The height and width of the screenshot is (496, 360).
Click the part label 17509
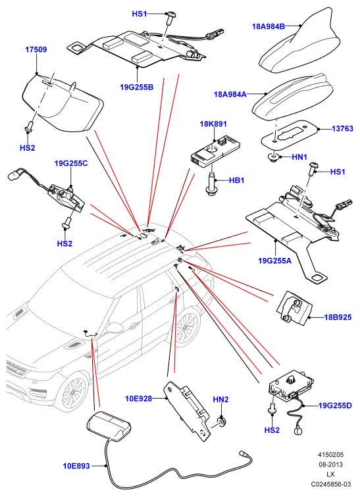click(x=36, y=49)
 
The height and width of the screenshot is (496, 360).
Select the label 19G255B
click(x=137, y=87)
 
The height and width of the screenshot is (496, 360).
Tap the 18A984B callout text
click(x=269, y=26)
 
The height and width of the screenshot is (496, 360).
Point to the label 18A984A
click(x=230, y=94)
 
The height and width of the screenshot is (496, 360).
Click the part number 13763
click(x=343, y=128)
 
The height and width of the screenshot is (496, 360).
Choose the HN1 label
click(x=299, y=157)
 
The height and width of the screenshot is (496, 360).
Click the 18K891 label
click(x=213, y=124)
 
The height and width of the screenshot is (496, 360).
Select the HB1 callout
click(x=237, y=180)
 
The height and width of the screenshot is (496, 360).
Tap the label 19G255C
click(x=71, y=163)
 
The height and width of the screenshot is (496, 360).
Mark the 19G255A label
click(x=275, y=260)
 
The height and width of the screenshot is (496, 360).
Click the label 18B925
click(x=338, y=316)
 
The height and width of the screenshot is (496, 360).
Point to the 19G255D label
click(x=335, y=405)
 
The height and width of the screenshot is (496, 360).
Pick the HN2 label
click(x=220, y=399)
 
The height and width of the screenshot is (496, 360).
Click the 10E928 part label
click(x=139, y=399)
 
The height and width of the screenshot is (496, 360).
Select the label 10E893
click(x=76, y=466)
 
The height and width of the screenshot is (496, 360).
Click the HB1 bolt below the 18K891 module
click(x=210, y=184)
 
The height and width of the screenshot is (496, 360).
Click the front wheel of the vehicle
click(x=73, y=394)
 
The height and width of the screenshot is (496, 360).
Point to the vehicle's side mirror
click(x=115, y=328)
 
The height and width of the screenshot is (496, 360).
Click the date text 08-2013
click(x=330, y=464)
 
